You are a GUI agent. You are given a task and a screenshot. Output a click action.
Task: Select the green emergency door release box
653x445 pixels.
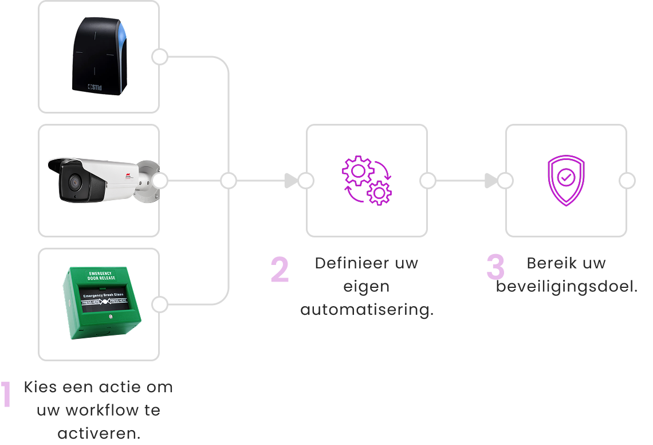[x=101, y=302]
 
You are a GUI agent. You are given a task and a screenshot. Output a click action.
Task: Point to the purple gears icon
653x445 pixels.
[x=367, y=180]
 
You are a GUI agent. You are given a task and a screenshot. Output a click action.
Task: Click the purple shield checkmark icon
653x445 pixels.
[x=566, y=180]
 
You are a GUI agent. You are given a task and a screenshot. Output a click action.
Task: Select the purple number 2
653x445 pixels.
[x=280, y=270]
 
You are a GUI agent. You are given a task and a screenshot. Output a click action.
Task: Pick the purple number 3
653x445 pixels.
[x=495, y=267]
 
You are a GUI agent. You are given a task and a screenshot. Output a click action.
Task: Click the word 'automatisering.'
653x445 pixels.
[x=367, y=310]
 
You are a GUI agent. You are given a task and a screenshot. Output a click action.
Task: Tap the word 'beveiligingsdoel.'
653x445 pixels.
[x=567, y=287]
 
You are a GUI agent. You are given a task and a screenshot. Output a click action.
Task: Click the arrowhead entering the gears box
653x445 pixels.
[x=292, y=181]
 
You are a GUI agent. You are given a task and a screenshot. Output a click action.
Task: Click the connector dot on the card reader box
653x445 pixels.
[x=160, y=57]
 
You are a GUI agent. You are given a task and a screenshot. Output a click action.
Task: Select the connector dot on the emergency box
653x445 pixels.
[x=160, y=305]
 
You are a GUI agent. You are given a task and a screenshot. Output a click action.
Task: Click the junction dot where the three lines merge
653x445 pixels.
[x=229, y=181]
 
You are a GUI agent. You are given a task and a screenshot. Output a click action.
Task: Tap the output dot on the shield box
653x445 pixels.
[x=627, y=181]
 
